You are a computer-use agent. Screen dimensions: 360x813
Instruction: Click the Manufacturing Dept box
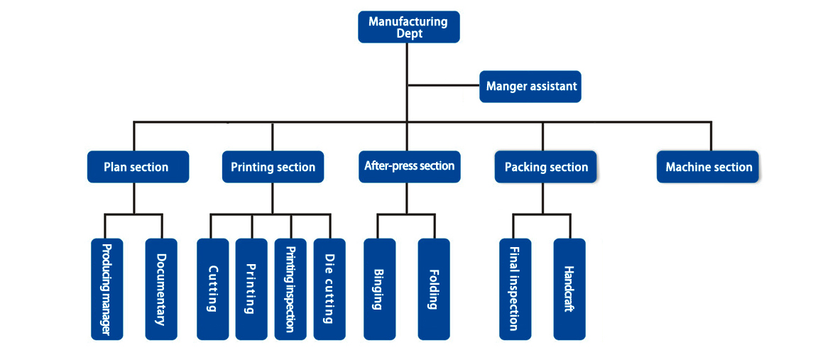[x=408, y=27]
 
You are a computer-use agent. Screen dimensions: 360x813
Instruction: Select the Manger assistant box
[x=530, y=87]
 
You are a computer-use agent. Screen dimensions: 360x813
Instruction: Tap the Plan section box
[x=138, y=167]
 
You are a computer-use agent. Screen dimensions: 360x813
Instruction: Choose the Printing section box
[x=273, y=167]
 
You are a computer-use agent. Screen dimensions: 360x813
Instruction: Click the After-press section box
[x=409, y=166]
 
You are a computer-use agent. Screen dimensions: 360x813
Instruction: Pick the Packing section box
[x=545, y=167]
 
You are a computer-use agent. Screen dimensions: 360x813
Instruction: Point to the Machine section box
[x=707, y=167]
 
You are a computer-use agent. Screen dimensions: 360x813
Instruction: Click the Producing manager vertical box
[x=107, y=289]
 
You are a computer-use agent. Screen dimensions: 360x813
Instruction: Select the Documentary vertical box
[x=161, y=289]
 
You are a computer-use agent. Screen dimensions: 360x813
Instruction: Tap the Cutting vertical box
[x=212, y=289]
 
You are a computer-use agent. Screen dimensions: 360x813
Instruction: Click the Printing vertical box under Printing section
[x=251, y=289]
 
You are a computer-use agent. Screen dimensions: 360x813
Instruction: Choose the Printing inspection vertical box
[x=290, y=289]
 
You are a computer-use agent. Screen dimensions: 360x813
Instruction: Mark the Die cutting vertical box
[x=329, y=289]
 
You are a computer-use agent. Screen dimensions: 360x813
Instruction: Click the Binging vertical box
[x=379, y=289]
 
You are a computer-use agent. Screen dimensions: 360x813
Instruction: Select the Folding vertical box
[x=434, y=289]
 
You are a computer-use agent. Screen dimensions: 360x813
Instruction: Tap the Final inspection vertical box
[x=515, y=289]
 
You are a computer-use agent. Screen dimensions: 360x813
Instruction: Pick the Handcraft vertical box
[x=569, y=289]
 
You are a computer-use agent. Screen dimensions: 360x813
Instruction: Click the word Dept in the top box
[x=409, y=33]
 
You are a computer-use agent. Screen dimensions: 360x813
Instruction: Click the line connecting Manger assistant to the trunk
[x=443, y=86]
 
